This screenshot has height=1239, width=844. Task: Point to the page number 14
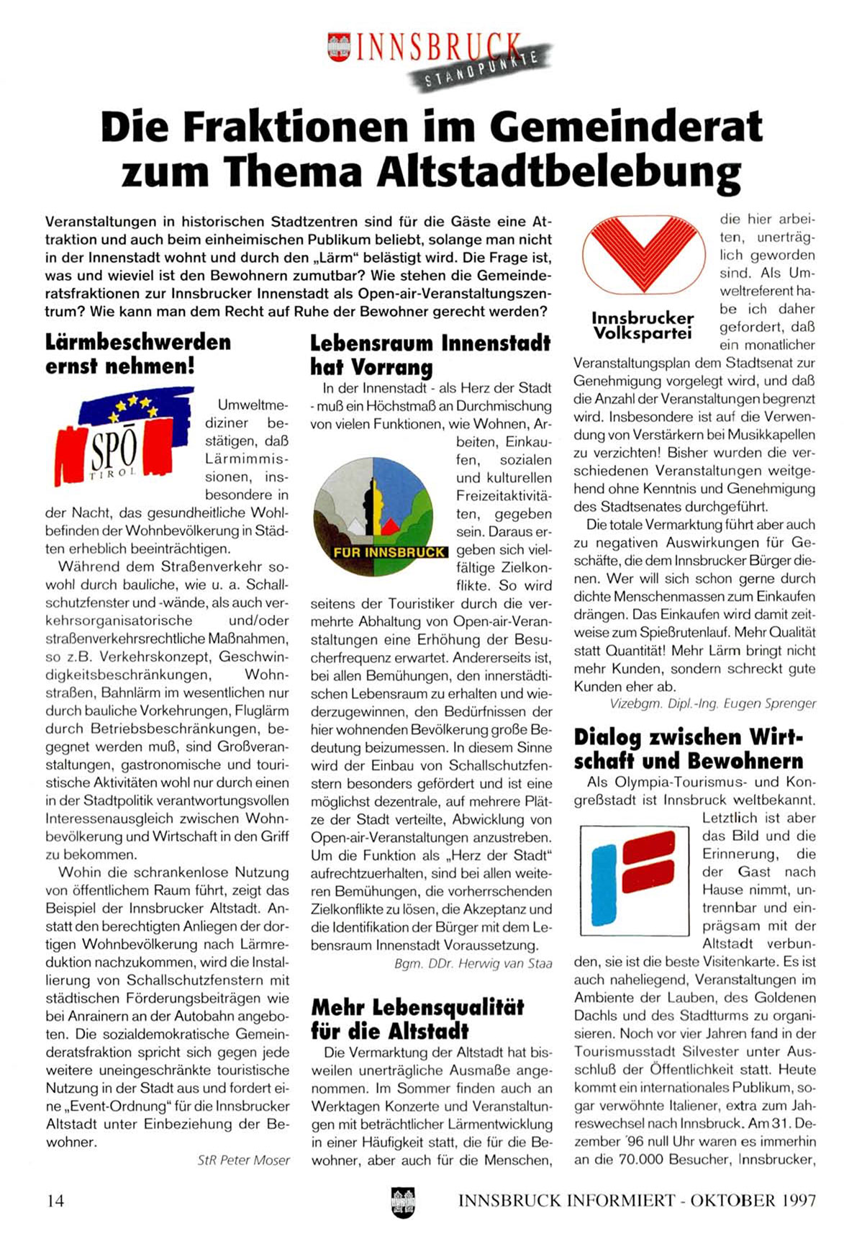[x=55, y=1201]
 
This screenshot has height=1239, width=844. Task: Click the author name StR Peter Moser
[x=243, y=1160]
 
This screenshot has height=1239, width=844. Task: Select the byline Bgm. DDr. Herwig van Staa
[x=473, y=963]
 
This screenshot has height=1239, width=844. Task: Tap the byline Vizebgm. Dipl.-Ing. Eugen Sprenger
[x=712, y=703]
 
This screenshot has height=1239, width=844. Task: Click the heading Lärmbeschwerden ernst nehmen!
[x=138, y=353]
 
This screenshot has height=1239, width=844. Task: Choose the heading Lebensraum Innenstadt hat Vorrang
[x=430, y=355]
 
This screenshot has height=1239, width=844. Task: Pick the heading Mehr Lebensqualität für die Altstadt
[x=417, y=1019]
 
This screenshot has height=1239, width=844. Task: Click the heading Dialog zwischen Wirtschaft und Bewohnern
[x=688, y=749]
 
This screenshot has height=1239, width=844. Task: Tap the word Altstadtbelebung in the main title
[x=561, y=173]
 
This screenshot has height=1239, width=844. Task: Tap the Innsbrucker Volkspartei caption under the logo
[x=642, y=325]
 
